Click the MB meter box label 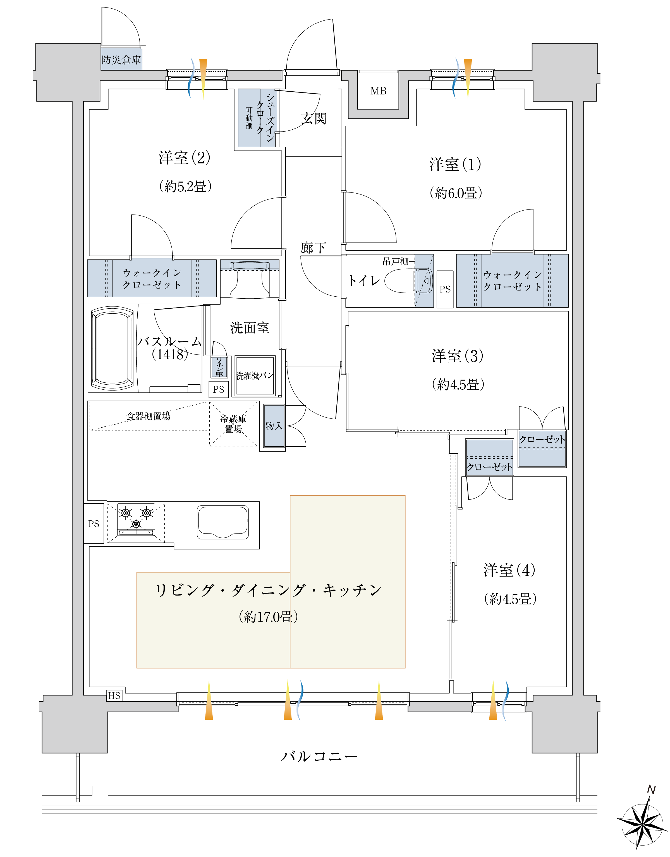point(378,91)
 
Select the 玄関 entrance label point(314,118)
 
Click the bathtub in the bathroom point(112,348)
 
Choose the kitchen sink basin point(223,522)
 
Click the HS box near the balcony point(114,696)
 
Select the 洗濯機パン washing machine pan point(255,375)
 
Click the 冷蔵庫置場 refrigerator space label point(233,424)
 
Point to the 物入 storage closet point(274,426)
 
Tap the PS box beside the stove point(94,524)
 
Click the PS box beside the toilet point(445,289)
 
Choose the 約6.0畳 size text point(456,193)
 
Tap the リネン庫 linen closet point(219,367)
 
